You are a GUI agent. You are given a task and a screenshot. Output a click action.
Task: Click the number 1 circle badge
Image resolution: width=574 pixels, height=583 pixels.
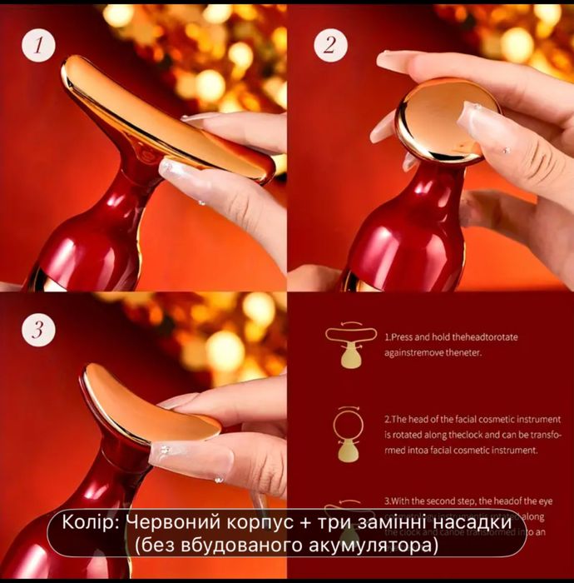38,46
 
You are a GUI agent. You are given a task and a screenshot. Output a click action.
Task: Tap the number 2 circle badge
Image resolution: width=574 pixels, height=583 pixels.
331,45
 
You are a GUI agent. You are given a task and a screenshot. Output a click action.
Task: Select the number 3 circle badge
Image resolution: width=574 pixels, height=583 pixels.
38,329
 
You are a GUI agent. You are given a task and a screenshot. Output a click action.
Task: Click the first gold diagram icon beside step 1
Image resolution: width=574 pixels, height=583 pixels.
349,345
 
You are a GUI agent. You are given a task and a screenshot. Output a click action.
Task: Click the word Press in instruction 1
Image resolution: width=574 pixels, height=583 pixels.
404,340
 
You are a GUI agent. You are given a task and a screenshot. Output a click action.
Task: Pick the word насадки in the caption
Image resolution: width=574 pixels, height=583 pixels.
472,522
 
